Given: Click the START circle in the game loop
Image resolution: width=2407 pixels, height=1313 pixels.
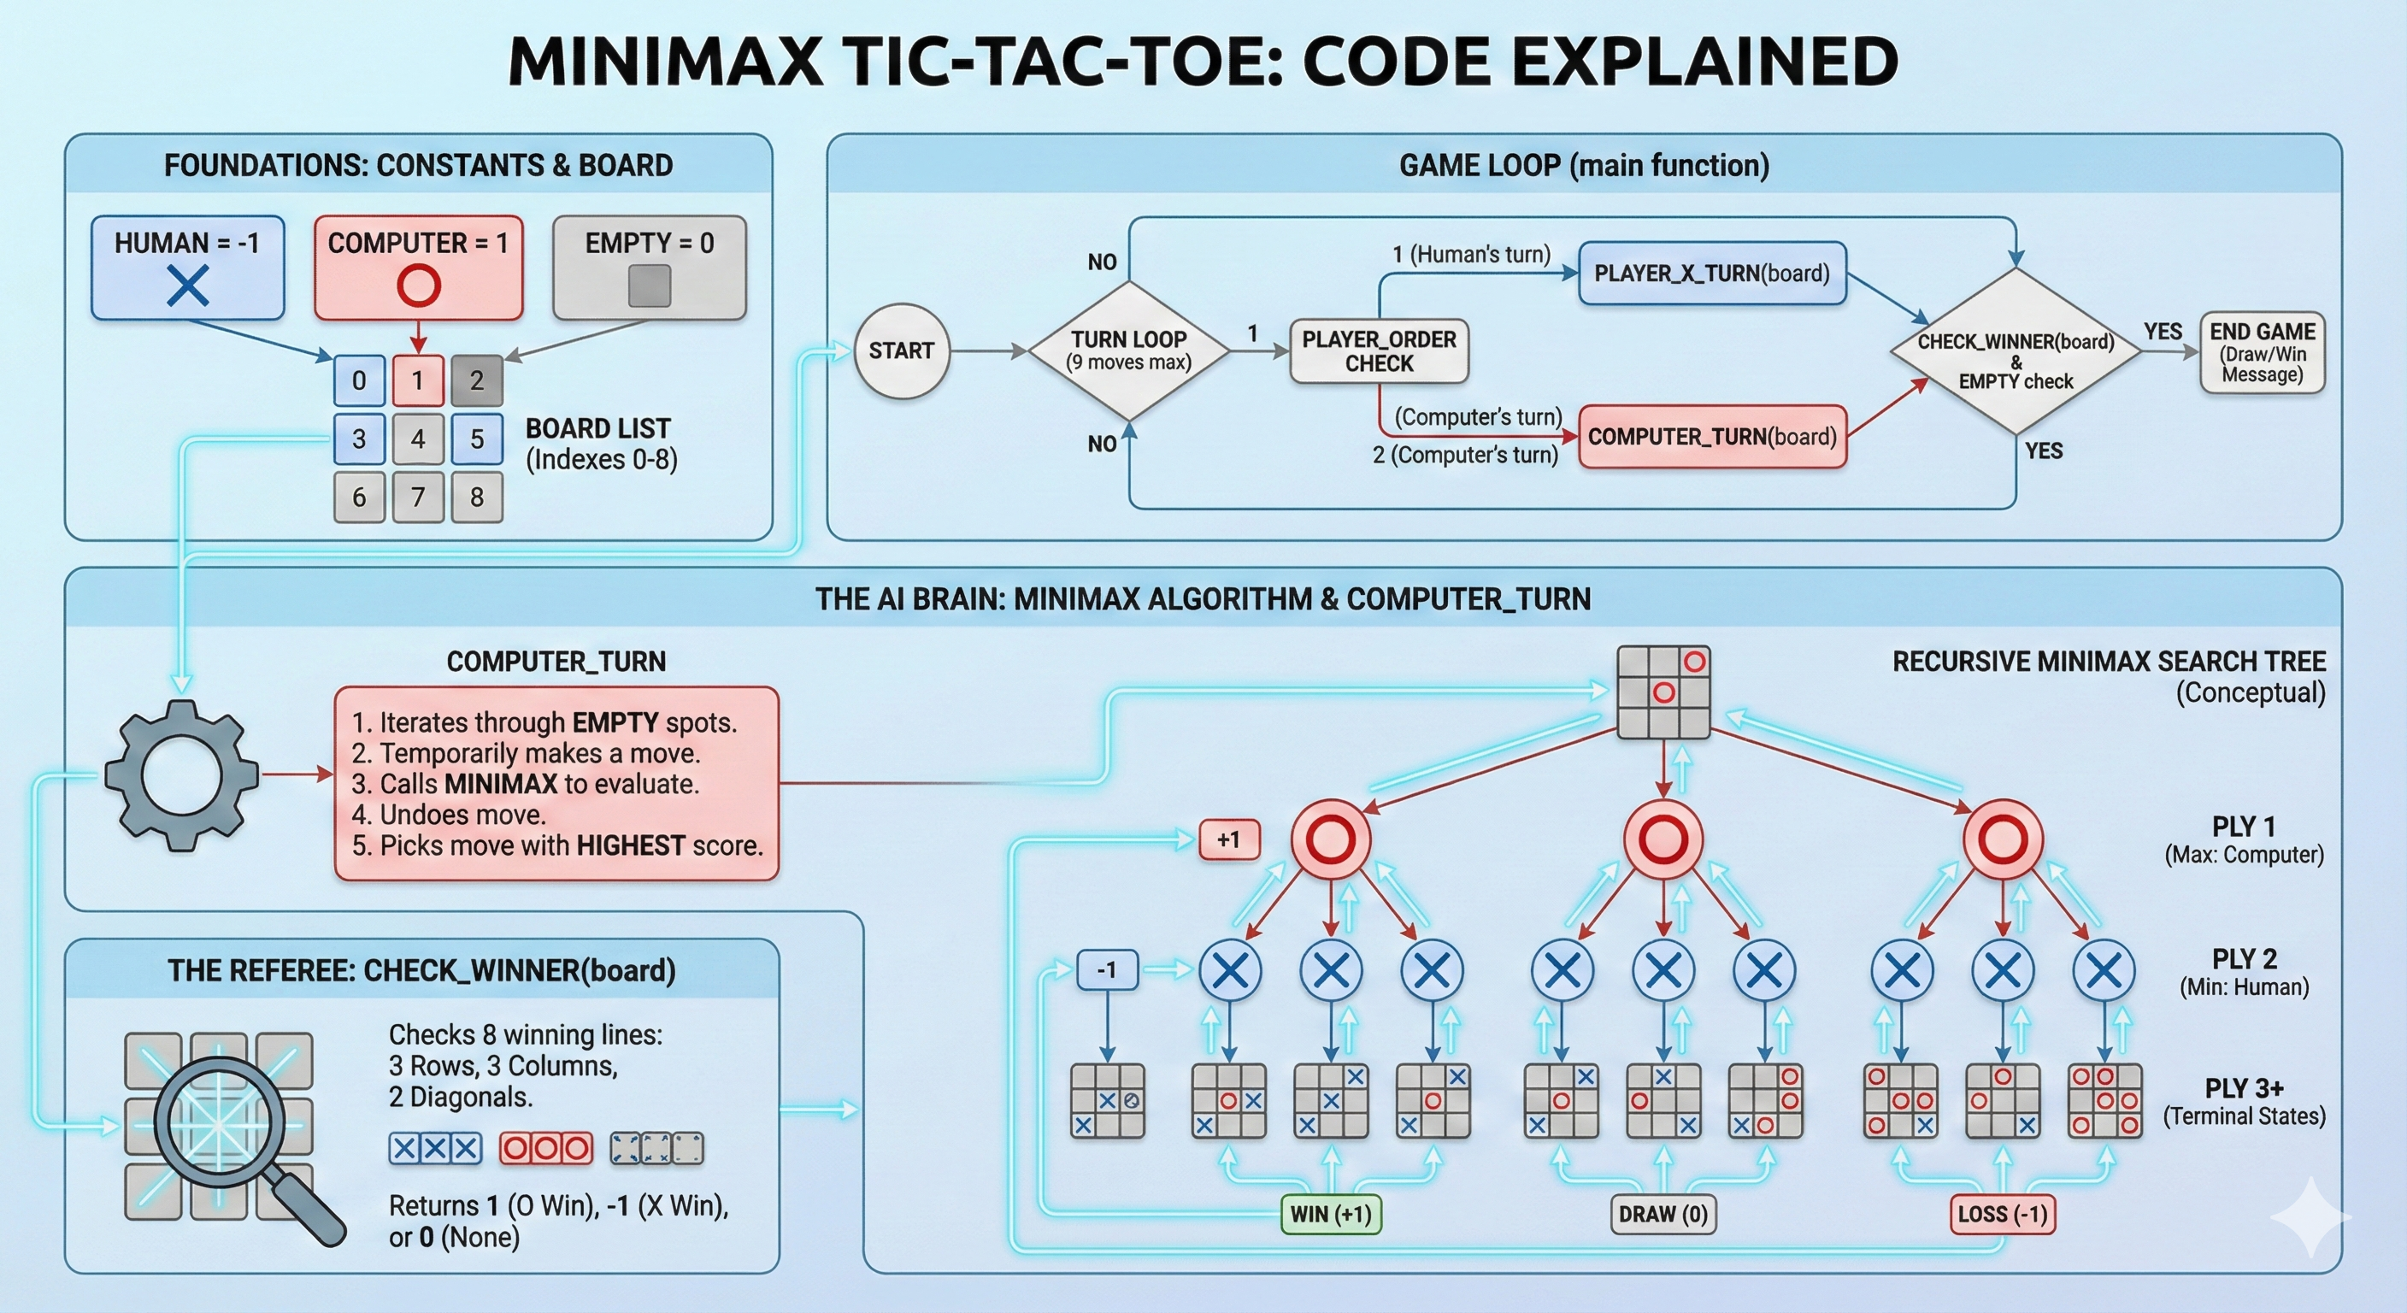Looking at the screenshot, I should (x=902, y=351).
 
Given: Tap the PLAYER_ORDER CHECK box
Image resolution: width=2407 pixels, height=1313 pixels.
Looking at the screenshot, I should (x=1380, y=351).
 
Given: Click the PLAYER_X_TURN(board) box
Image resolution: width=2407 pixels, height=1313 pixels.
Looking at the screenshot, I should (x=1712, y=274).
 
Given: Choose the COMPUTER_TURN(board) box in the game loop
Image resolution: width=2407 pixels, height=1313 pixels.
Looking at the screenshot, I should (x=1712, y=437).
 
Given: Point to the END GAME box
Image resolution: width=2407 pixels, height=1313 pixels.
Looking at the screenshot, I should (x=2263, y=352).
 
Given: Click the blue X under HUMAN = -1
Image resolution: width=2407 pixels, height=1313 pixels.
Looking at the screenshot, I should (x=188, y=286).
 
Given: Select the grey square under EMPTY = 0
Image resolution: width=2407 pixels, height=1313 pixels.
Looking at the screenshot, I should (x=650, y=286).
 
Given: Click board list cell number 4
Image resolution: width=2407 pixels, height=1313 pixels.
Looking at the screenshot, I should (x=418, y=439).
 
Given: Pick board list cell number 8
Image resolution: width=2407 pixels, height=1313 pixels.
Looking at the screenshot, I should (x=477, y=498).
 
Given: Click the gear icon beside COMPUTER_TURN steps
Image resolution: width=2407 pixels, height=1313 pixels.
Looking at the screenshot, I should (x=181, y=774).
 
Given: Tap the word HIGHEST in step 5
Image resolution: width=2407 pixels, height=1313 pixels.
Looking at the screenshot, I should (x=631, y=845).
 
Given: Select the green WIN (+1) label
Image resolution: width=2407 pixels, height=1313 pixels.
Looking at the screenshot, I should (x=1331, y=1214).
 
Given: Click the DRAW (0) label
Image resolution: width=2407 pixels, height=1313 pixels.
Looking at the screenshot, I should (x=1663, y=1214).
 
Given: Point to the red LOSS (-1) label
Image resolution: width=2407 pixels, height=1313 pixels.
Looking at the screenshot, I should (x=2003, y=1214).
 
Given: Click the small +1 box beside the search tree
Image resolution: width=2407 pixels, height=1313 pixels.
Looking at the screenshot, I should (x=1229, y=839).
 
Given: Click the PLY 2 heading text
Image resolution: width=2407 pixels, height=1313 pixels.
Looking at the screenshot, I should (x=2244, y=960).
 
